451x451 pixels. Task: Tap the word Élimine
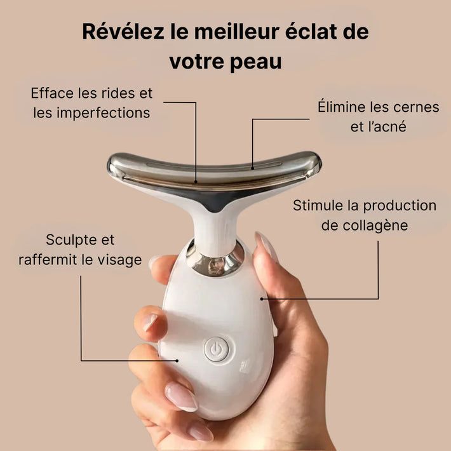[x=344, y=107]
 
